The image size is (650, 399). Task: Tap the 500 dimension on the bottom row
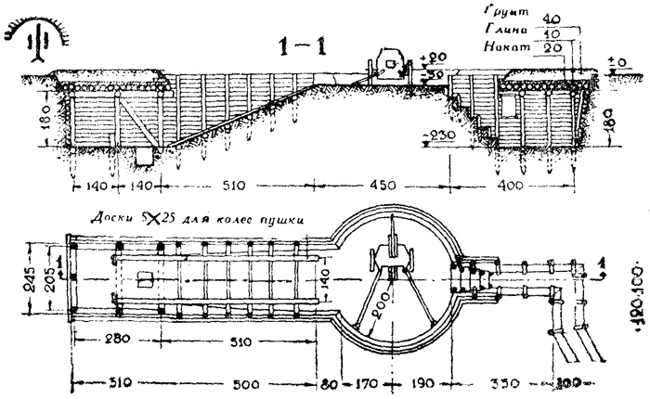coord(246,383)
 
